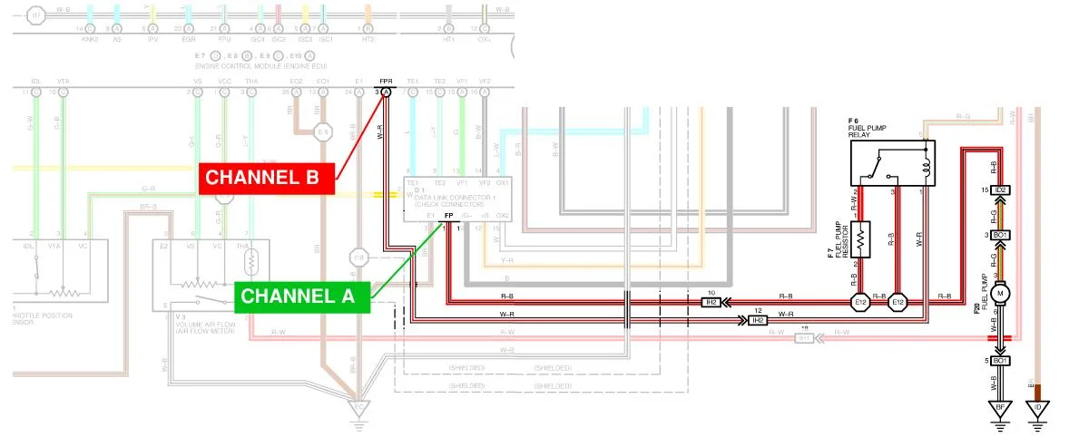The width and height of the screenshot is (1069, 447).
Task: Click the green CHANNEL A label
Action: tap(302, 296)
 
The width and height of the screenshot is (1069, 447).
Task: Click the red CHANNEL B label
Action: tap(267, 178)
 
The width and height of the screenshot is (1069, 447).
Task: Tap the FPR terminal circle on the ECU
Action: tap(386, 92)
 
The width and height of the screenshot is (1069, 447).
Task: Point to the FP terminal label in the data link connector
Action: tap(448, 216)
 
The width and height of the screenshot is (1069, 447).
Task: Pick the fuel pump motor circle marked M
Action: tap(1002, 293)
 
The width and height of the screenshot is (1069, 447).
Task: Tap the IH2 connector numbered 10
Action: tap(711, 303)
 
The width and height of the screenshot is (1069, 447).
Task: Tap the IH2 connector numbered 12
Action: tap(758, 320)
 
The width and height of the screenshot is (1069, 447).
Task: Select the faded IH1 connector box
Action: tap(803, 337)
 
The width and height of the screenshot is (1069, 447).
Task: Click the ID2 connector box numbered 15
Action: tap(1001, 189)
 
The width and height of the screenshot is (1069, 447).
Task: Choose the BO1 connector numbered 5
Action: tap(1001, 361)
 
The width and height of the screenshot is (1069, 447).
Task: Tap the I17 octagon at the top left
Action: tap(35, 15)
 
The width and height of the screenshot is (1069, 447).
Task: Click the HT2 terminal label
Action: tap(368, 40)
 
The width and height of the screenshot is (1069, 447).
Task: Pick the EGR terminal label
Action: tap(189, 40)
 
